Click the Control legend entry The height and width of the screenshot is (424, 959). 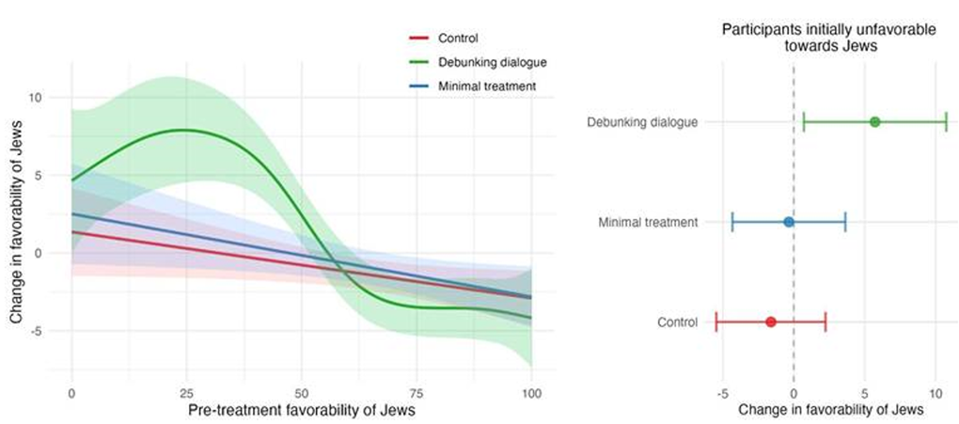click(458, 39)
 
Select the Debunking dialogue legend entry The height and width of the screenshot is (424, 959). click(492, 62)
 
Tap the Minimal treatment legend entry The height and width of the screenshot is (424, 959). click(487, 86)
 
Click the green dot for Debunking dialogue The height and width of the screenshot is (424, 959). click(874, 121)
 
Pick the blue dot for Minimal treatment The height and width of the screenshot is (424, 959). click(789, 222)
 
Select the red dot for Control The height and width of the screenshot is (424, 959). click(771, 322)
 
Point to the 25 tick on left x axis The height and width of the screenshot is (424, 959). click(186, 390)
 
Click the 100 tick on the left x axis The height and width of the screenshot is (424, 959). click(531, 390)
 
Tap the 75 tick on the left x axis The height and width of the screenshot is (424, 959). click(417, 390)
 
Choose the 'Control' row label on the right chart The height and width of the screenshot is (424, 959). click(678, 322)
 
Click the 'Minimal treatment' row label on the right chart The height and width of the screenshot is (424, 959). click(648, 222)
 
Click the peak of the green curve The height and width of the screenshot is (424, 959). click(185, 130)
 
